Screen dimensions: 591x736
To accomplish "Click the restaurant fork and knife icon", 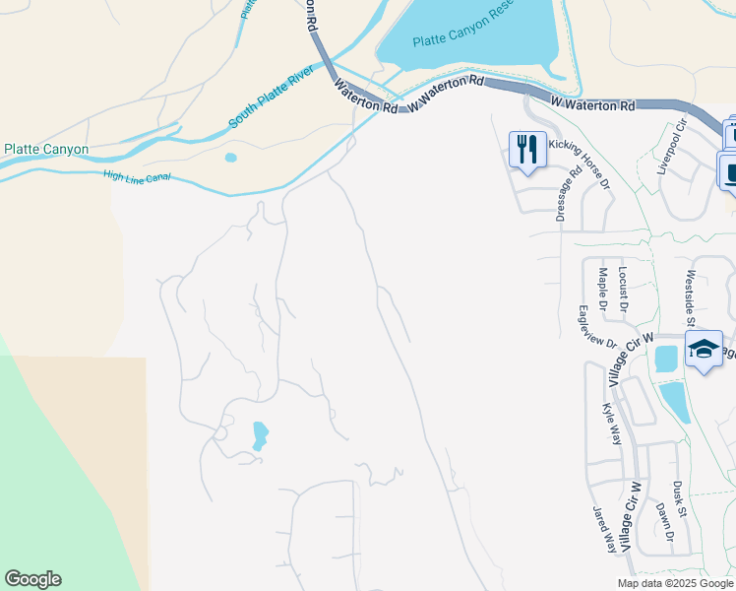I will tap(527, 149).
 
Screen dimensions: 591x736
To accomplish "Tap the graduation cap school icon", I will tap(704, 348).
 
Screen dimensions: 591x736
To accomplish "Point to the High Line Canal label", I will tap(137, 176).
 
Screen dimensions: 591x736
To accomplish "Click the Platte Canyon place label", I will tap(46, 150).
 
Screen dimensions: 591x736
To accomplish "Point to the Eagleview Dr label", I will tap(597, 326).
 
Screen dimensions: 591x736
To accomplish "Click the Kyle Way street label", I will tap(611, 424).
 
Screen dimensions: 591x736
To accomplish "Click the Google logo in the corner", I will tap(32, 579).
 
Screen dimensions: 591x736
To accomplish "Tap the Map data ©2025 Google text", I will tap(674, 583).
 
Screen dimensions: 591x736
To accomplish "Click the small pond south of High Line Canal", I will tap(230, 157).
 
